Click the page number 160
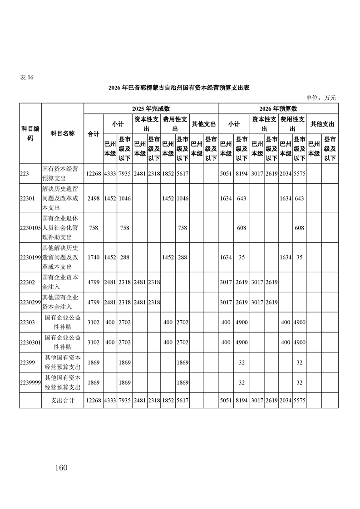(x=60, y=468)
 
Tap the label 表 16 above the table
(x=27, y=77)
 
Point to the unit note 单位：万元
(x=321, y=98)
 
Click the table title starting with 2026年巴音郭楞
(x=180, y=88)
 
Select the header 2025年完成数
(x=151, y=108)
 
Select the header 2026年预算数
(x=278, y=108)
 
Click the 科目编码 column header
(x=30, y=134)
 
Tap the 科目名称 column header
(x=62, y=134)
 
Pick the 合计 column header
(x=94, y=134)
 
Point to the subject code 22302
(x=27, y=282)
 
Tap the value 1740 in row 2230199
(x=94, y=257)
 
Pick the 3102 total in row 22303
(x=94, y=323)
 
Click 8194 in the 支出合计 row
(x=241, y=401)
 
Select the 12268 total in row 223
(x=94, y=173)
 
